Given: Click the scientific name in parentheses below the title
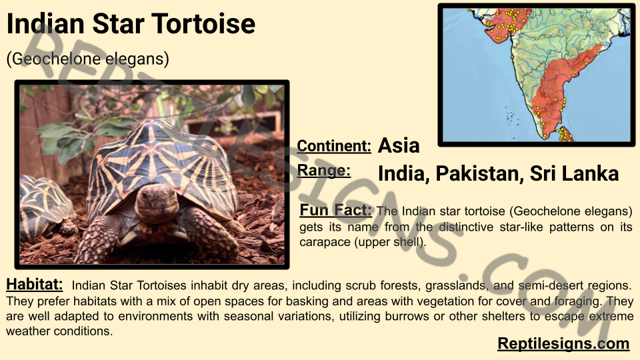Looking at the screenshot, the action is point(88,59).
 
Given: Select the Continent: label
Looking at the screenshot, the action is point(334,146).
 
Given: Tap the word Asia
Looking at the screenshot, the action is point(399,146).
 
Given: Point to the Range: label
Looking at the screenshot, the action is point(324,171).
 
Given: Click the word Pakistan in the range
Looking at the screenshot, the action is point(479,173).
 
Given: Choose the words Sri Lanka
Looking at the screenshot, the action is point(574,173).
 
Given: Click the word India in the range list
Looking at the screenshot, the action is point(404,174).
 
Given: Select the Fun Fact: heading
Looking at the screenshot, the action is point(336,210).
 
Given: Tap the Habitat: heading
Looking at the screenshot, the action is point(35,285).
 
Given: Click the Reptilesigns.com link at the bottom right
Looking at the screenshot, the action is point(563,344).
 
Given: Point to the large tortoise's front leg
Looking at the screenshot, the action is point(98,239).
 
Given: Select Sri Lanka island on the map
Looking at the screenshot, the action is point(565,135).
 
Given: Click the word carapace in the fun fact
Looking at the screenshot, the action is point(325,243).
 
